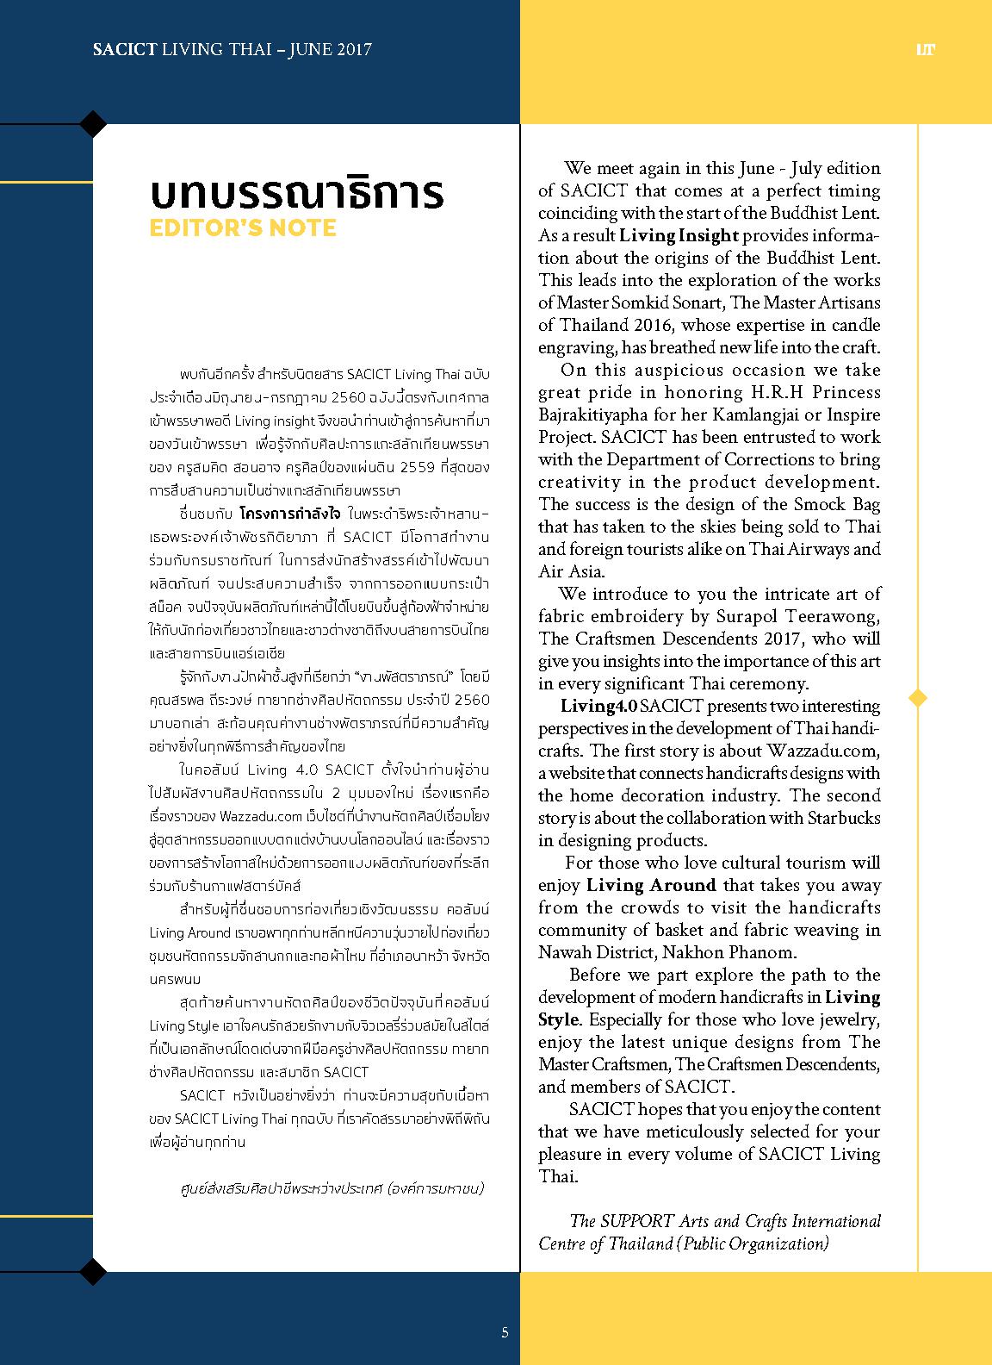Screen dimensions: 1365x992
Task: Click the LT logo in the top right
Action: click(926, 49)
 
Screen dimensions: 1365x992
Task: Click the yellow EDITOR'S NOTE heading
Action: click(243, 228)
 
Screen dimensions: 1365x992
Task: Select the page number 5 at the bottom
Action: click(505, 1332)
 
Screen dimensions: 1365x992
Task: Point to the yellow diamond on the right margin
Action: click(918, 697)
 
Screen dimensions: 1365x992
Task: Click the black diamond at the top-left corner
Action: click(93, 124)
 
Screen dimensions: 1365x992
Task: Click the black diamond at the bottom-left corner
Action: click(93, 1270)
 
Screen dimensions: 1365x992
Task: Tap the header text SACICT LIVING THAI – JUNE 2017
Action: click(232, 49)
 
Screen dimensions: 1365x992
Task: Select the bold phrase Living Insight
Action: click(679, 235)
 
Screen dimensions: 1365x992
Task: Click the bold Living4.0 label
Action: click(598, 706)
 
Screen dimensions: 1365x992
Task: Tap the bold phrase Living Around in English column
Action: click(650, 885)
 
